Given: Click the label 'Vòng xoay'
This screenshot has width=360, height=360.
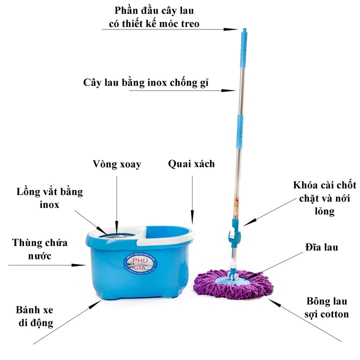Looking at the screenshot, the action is (x=117, y=164).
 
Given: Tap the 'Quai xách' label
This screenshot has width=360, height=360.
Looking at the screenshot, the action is (x=191, y=163).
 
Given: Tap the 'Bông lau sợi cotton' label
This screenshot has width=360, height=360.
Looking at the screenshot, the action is (x=327, y=308).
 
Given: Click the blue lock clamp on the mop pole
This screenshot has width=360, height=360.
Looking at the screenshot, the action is (x=233, y=233).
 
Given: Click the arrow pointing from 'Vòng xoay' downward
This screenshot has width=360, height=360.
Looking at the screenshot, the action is (x=117, y=200).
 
